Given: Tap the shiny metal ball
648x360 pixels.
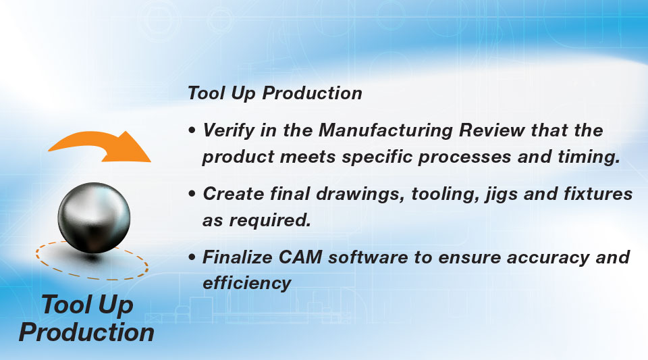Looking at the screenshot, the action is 94,217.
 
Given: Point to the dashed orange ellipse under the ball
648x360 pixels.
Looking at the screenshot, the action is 92,278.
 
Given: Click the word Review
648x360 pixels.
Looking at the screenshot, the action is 492,130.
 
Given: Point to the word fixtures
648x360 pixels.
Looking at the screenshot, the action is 598,193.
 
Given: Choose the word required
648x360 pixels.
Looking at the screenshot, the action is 270,220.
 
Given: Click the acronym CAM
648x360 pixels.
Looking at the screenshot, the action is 300,257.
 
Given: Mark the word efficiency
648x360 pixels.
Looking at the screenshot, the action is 247,284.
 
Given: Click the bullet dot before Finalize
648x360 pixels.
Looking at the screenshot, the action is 192,257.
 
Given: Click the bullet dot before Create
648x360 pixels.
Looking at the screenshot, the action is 192,194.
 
